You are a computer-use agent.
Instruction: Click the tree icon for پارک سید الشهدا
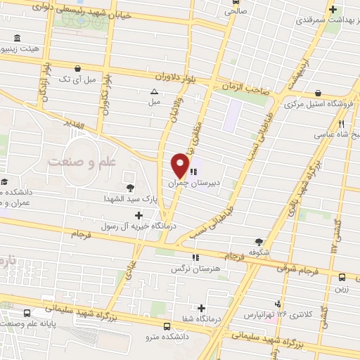tap(130, 187)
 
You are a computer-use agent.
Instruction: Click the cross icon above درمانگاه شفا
tap(202, 308)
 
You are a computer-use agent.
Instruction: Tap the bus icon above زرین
tap(342, 277)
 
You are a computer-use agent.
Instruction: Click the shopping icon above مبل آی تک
tap(79, 68)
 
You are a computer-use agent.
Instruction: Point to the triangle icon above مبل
tap(154, 91)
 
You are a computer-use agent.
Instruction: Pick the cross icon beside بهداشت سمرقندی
tap(334, 10)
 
